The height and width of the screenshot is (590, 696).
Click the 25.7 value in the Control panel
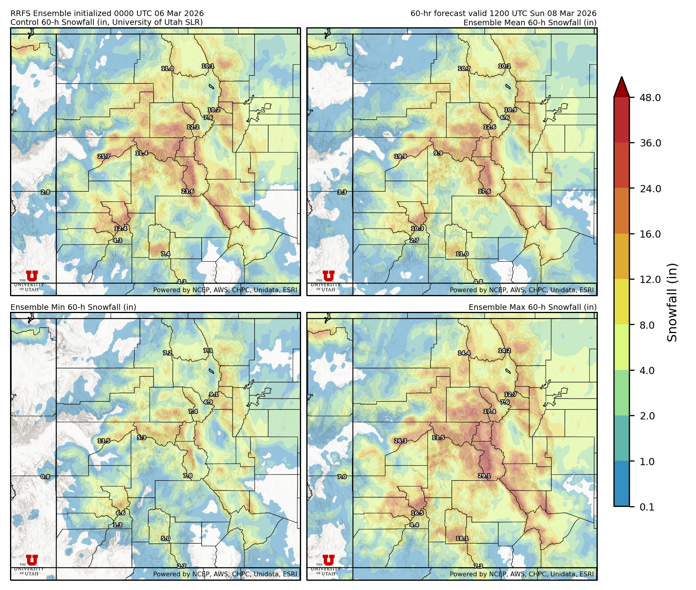tap(104, 156)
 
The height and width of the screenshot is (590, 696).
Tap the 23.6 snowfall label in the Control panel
tap(188, 191)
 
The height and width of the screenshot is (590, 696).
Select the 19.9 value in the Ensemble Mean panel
tap(401, 156)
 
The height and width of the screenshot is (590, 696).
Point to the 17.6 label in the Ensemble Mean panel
tap(484, 191)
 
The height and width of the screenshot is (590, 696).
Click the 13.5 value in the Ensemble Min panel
tap(104, 441)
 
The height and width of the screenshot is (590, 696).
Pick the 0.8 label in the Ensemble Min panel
tap(45, 476)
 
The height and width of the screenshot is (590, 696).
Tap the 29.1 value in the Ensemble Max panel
tap(484, 476)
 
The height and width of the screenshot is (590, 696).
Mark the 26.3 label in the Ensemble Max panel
tap(401, 441)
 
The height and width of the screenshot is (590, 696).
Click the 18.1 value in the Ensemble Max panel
tap(462, 538)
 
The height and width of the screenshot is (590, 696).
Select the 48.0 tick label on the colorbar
tap(650, 98)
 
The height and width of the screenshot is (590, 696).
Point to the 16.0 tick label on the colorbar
tap(650, 234)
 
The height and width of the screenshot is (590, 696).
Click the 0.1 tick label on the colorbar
tap(647, 507)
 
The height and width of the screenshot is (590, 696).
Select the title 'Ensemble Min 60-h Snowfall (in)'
tap(73, 307)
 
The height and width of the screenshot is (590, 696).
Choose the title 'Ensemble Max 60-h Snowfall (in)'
tap(532, 307)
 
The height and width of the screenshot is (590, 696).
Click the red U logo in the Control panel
tap(32, 276)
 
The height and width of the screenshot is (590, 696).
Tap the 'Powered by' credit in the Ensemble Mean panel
tap(522, 290)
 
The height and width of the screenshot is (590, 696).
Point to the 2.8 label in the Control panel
tap(45, 192)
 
